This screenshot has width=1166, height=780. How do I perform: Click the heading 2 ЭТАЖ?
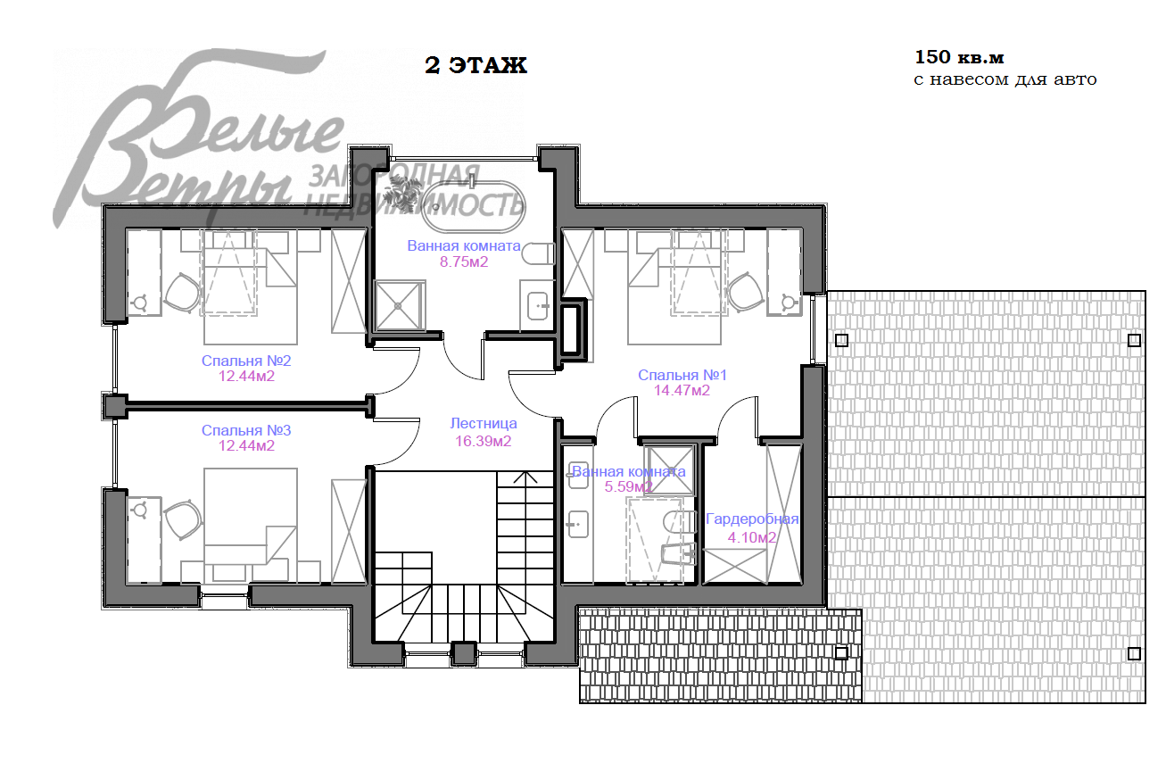pos(475,66)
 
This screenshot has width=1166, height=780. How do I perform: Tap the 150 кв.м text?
pos(959,57)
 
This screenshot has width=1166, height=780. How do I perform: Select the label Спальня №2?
pos(246,361)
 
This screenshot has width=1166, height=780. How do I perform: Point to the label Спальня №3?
pos(246,430)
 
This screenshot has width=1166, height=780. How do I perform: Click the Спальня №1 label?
pos(682,375)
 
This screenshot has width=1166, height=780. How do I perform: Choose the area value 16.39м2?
pos(483,442)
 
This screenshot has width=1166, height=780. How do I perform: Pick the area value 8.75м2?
pos(464,261)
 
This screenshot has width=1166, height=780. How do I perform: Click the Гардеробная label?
pos(752,519)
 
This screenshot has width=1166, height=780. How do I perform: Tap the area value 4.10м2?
pos(752,537)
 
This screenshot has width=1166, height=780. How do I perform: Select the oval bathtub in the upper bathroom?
pos(473,207)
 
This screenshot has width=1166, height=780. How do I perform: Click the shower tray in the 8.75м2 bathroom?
pos(399,305)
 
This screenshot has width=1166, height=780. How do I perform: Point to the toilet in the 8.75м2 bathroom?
pos(539,253)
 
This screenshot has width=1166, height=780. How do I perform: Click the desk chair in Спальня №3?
pos(183,519)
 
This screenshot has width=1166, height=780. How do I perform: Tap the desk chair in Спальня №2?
pos(183,293)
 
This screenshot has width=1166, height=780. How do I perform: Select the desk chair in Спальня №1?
pos(746,293)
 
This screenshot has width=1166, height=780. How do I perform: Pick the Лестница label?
pos(483,424)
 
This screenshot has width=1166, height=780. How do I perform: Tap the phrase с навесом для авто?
pos(1005,79)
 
